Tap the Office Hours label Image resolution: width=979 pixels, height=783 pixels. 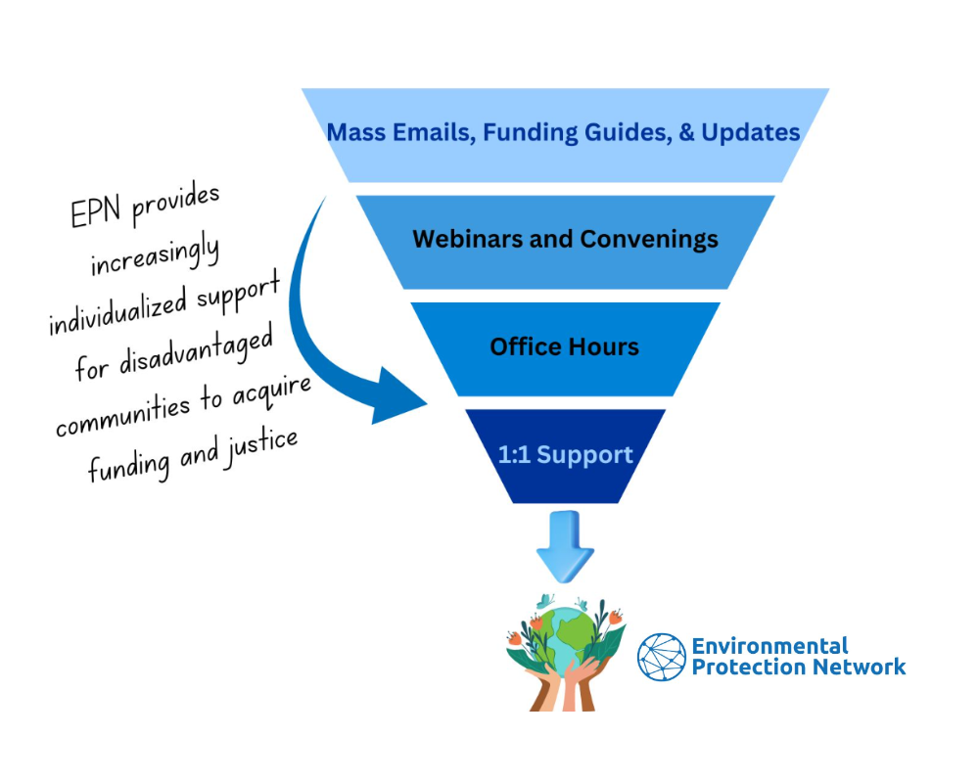click(x=565, y=346)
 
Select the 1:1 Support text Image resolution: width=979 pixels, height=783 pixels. click(x=566, y=454)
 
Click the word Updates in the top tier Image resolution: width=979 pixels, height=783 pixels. click(x=751, y=133)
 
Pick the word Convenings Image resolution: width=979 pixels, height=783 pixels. click(x=649, y=240)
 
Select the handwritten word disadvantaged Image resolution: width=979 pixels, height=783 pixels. click(x=196, y=351)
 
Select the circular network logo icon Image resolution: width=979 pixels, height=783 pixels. click(x=662, y=657)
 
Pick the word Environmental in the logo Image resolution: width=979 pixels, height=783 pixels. click(x=769, y=646)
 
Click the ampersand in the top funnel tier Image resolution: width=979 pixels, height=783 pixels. click(x=686, y=132)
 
